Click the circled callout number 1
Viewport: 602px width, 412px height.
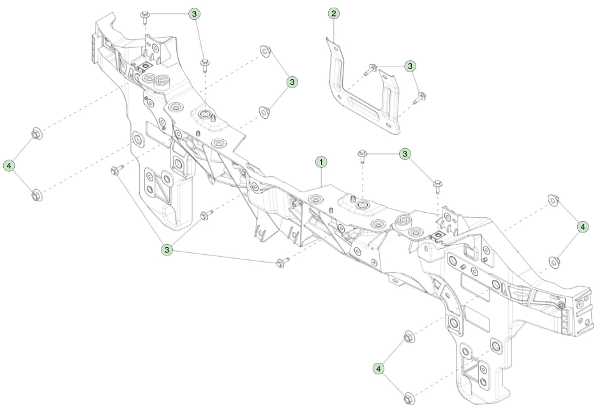click(x=321, y=162)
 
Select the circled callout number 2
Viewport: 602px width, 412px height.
click(x=333, y=14)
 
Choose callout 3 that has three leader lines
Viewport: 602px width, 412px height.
click(x=167, y=250)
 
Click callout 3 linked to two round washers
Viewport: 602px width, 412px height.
click(x=292, y=82)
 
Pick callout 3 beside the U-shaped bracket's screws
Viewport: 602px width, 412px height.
click(x=410, y=66)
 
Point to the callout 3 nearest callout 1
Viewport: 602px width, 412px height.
click(x=405, y=154)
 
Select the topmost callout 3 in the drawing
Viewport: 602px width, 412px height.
click(x=195, y=14)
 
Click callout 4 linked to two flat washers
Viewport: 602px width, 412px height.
click(x=582, y=227)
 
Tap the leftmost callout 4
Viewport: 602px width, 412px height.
click(x=9, y=166)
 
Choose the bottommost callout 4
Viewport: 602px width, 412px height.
click(x=379, y=369)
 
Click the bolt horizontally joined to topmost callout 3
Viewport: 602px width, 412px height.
click(x=145, y=16)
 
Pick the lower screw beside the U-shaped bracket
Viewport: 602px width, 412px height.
click(x=419, y=98)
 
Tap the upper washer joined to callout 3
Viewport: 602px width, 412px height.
click(x=265, y=50)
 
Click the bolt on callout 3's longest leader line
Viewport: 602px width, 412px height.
click(x=282, y=263)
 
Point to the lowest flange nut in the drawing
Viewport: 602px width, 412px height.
click(x=408, y=398)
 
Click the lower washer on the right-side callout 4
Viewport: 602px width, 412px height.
click(x=553, y=262)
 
